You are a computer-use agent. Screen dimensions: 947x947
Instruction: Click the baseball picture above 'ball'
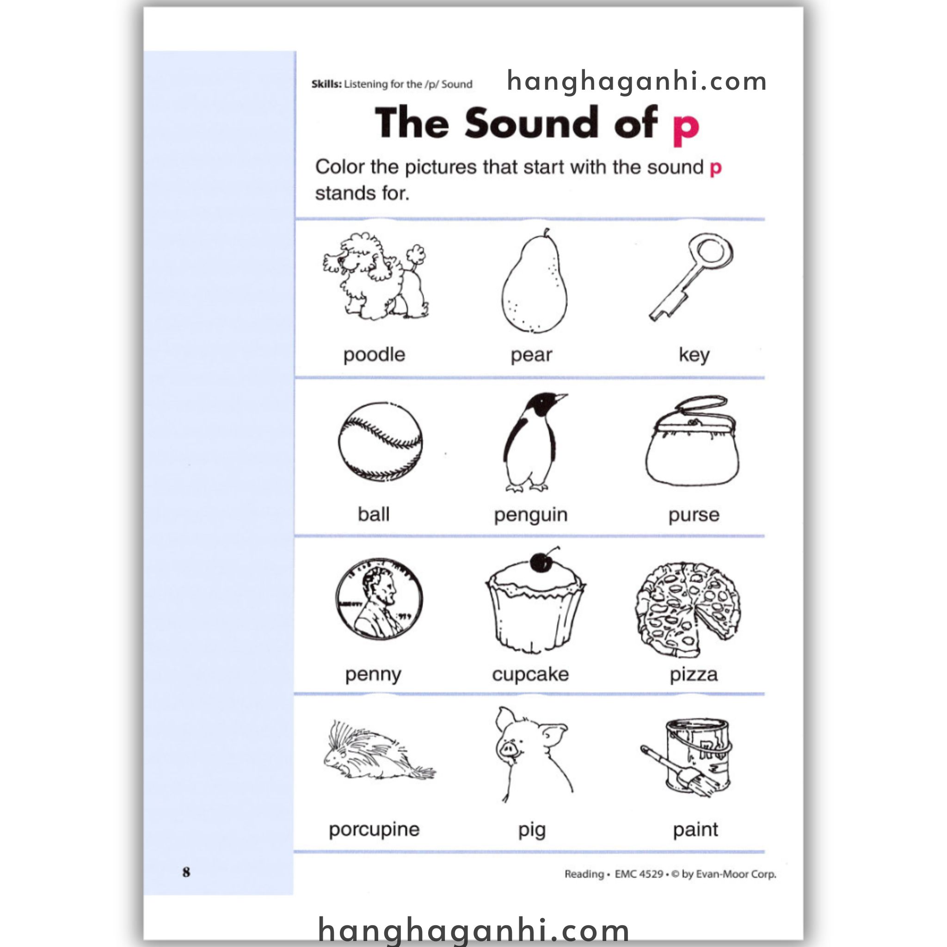click(x=380, y=441)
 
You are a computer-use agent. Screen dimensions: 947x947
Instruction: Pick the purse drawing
click(x=692, y=441)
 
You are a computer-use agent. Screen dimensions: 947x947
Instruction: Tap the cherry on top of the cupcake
click(x=541, y=561)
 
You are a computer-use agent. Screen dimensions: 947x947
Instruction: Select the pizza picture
click(x=688, y=609)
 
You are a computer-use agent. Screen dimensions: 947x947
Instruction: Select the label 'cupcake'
click(x=530, y=675)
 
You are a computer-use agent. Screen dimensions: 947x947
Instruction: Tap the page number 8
click(x=186, y=872)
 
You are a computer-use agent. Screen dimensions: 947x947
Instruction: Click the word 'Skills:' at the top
click(x=326, y=84)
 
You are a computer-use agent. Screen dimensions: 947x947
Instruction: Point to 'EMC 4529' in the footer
click(x=639, y=874)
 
